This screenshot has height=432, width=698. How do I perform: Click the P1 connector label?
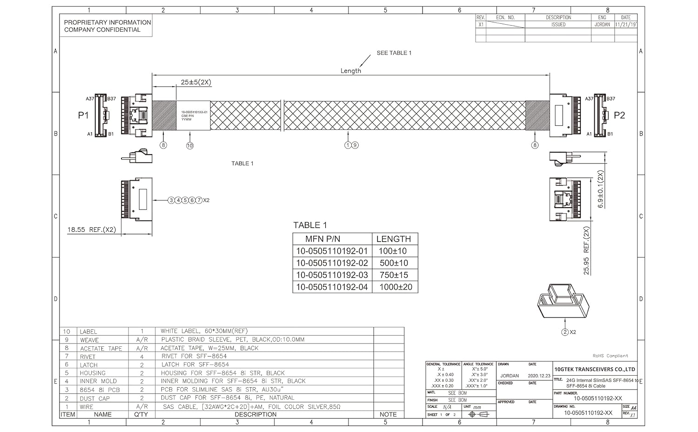coord(83,115)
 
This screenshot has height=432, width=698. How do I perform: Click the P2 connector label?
coord(619,115)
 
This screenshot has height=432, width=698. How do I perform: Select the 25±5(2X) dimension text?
coord(196,82)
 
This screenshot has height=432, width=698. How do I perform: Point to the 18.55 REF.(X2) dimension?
coord(92,229)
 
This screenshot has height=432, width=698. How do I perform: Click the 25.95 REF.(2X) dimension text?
coord(586,251)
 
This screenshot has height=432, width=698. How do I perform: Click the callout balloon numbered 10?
coord(190,146)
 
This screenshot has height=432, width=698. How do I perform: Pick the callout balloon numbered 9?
coord(355,145)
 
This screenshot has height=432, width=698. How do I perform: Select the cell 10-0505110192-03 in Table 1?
coord(332,275)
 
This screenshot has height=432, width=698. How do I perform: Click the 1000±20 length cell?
coord(396,287)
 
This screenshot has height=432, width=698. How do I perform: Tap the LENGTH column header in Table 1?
coord(394,239)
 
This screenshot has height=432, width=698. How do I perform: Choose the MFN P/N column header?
coord(322,239)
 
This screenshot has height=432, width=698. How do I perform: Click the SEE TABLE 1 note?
coord(394,53)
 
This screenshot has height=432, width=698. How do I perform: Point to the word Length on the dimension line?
coord(350,71)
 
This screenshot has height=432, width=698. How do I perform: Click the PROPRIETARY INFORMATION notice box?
coord(107,26)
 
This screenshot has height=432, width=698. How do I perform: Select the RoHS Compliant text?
coord(610,356)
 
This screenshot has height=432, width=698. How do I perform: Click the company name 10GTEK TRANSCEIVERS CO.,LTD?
coord(595,369)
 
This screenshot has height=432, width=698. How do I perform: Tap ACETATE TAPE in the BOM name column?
coord(101,348)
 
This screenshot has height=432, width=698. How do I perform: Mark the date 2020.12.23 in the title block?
coord(539,376)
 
